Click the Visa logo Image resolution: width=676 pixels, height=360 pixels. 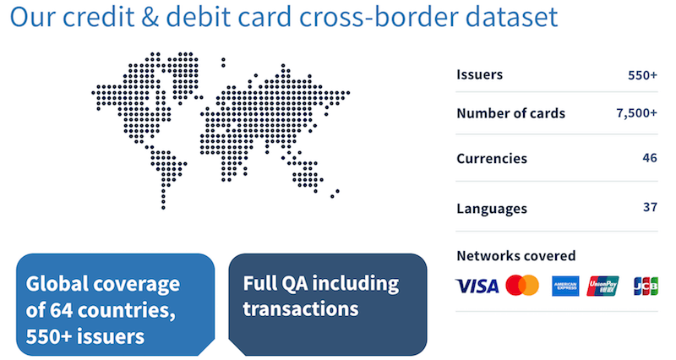pyautogui.click(x=477, y=286)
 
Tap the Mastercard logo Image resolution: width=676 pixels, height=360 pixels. pyautogui.click(x=522, y=286)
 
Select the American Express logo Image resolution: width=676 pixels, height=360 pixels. pyautogui.click(x=565, y=286)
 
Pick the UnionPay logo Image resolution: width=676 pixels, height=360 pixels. pyautogui.click(x=603, y=286)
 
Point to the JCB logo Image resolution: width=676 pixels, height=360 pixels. pyautogui.click(x=646, y=286)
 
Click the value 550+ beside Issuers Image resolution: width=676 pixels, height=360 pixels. pyautogui.click(x=642, y=74)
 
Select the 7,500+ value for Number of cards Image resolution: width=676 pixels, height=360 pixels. pyautogui.click(x=637, y=113)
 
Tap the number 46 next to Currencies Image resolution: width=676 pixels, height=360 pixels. pyautogui.click(x=650, y=158)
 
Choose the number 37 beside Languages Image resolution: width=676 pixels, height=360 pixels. pyautogui.click(x=650, y=208)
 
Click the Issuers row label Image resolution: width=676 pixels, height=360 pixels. pyautogui.click(x=479, y=74)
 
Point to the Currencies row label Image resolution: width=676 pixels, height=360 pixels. pyautogui.click(x=492, y=158)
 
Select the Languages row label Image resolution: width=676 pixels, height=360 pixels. pyautogui.click(x=492, y=208)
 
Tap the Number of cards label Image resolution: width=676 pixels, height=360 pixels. pyautogui.click(x=510, y=113)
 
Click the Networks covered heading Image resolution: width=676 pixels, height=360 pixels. pyautogui.click(x=515, y=255)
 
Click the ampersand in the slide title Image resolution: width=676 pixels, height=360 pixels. pyautogui.click(x=159, y=19)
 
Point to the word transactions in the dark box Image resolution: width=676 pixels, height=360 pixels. pyautogui.click(x=301, y=309)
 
